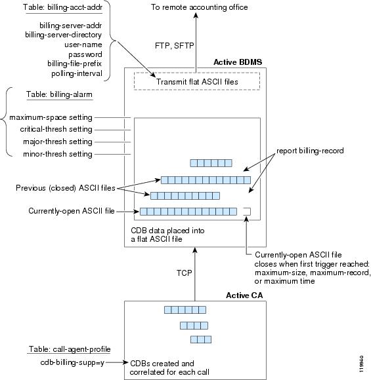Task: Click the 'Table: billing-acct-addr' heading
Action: click(x=62, y=7)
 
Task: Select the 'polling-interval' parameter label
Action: click(x=77, y=73)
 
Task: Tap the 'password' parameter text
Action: click(x=85, y=54)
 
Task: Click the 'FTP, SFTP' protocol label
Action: click(x=175, y=46)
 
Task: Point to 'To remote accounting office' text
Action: click(x=199, y=7)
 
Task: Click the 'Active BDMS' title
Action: click(x=238, y=62)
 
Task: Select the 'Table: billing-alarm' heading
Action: click(x=59, y=94)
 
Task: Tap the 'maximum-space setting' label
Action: click(x=51, y=117)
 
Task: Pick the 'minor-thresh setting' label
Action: click(x=58, y=154)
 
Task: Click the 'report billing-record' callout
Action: click(x=310, y=151)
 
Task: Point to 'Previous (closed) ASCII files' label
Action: click(x=66, y=188)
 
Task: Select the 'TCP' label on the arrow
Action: click(x=184, y=273)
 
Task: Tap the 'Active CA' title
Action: click(x=244, y=295)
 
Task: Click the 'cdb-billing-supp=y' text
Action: click(x=72, y=362)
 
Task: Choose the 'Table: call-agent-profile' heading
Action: click(x=70, y=349)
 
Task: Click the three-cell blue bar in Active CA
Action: click(x=201, y=339)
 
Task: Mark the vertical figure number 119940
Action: click(x=361, y=364)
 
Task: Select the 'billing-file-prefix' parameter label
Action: click(x=74, y=64)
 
